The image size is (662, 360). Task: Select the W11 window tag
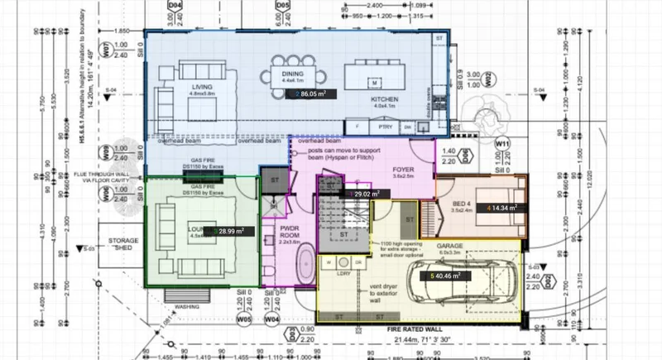coord(502,143)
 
